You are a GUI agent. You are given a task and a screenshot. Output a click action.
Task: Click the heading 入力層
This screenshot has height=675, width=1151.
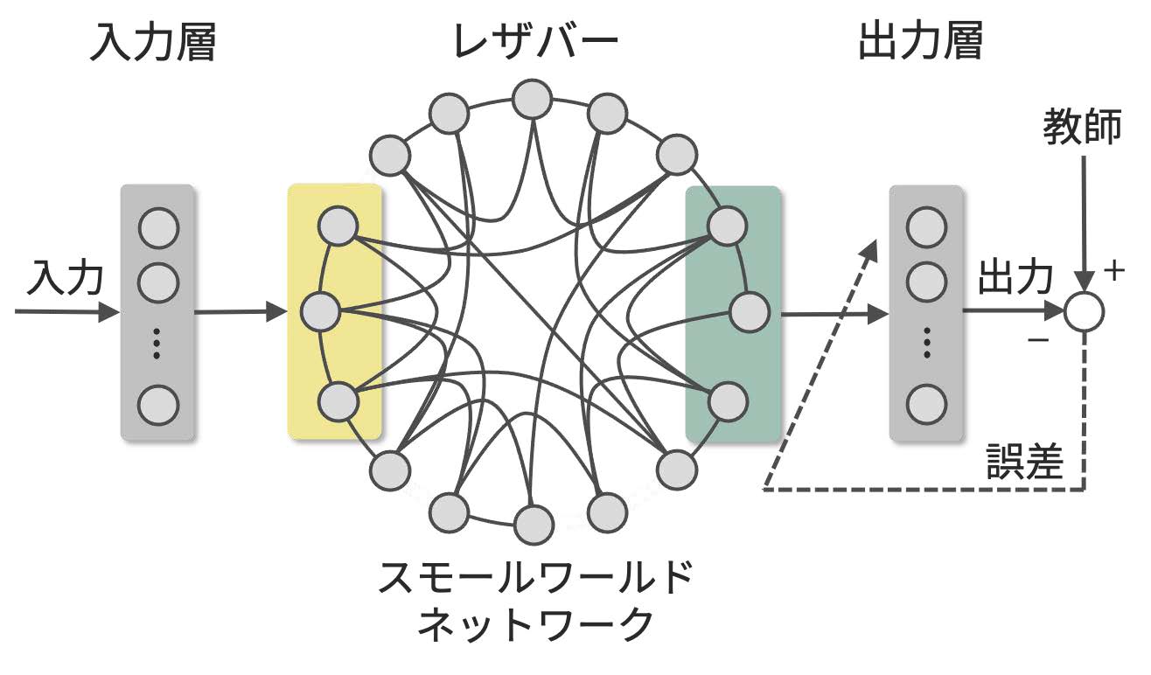[x=153, y=41]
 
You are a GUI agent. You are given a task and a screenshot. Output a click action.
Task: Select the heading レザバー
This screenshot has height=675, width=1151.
[x=534, y=41]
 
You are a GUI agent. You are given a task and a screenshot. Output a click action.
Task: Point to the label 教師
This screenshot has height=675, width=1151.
[x=1082, y=128]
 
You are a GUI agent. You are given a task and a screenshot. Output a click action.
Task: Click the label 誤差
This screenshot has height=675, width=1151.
[x=1024, y=462]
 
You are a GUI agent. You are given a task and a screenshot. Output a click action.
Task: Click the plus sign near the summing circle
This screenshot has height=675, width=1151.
[x=1113, y=272]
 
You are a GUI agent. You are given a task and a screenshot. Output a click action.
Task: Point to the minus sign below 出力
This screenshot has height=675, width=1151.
[x=1039, y=340]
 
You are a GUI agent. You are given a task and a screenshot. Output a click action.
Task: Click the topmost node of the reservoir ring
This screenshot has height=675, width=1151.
[x=532, y=98]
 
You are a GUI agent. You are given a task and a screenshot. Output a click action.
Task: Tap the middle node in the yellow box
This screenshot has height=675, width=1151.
[x=319, y=311]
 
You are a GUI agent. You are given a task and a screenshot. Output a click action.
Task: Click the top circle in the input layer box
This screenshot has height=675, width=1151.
[x=158, y=228]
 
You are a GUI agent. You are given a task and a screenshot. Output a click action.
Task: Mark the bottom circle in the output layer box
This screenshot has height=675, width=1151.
[x=926, y=403]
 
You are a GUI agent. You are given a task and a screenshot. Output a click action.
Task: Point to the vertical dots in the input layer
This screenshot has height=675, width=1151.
[x=157, y=344]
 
